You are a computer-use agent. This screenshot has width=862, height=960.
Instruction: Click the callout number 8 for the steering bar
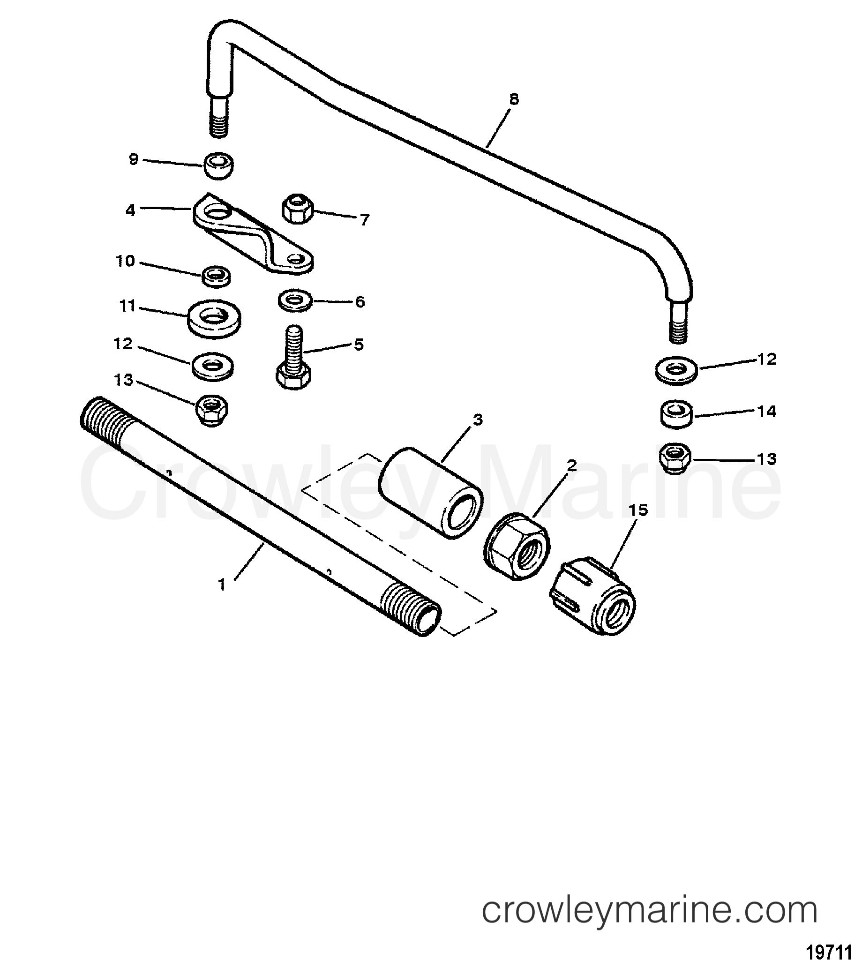[x=513, y=99]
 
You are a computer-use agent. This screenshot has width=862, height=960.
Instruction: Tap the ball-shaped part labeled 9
[x=218, y=166]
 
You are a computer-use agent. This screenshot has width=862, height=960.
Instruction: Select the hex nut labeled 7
[x=298, y=209]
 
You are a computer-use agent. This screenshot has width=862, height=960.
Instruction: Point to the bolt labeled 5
[x=293, y=358]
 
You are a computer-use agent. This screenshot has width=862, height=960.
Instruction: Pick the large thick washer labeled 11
[x=214, y=318]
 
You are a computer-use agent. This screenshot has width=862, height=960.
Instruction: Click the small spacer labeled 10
[x=216, y=276]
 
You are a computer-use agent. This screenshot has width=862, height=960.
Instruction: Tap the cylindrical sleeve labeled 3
[x=431, y=493]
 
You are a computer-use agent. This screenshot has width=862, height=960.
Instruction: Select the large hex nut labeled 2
[x=517, y=546]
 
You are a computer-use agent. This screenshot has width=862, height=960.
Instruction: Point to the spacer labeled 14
[x=676, y=415]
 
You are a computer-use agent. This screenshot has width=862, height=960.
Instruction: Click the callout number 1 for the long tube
[x=222, y=585]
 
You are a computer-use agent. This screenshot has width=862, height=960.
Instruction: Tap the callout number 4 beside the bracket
[x=130, y=210]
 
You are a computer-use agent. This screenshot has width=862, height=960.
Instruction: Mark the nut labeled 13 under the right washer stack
[x=675, y=458]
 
